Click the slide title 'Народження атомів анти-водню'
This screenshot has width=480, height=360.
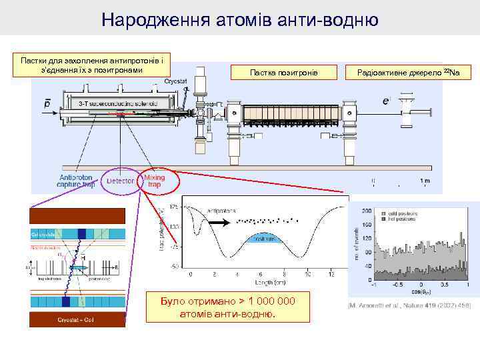pos(240,20)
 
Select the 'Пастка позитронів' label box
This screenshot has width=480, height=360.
pos(283,71)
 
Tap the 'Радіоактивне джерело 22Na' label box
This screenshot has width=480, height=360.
pos(413,71)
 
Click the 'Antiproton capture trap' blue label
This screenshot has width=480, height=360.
pos(77,181)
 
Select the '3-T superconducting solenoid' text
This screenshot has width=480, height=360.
pos(118,104)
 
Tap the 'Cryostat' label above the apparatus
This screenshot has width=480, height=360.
pos(176,81)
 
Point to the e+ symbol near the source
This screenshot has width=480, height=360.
pos(387,101)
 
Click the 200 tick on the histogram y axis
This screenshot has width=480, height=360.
pos(367,211)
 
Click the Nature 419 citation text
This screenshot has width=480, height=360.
pos(408,305)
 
